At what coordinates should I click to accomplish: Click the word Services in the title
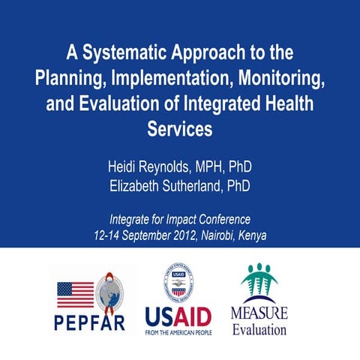point(180,128)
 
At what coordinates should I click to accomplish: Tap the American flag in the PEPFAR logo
point(75,295)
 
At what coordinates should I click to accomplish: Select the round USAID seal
point(179,283)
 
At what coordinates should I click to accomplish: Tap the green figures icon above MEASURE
point(259,282)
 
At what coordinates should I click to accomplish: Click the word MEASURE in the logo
point(259,313)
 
